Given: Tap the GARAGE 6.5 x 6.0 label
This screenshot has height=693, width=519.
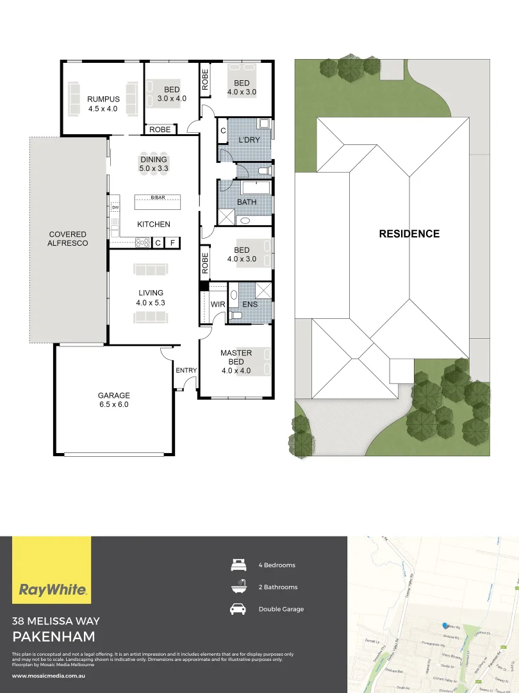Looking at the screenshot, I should pyautogui.click(x=113, y=400).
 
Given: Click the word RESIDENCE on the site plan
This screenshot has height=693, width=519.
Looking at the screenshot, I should pyautogui.click(x=409, y=234).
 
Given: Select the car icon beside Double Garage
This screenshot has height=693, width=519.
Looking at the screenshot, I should pyautogui.click(x=238, y=609).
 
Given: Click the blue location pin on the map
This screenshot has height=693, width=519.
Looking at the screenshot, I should pyautogui.click(x=444, y=625).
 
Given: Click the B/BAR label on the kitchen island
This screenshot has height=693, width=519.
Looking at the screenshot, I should pyautogui.click(x=158, y=198).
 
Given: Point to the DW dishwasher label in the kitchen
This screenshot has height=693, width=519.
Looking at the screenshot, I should pyautogui.click(x=115, y=208).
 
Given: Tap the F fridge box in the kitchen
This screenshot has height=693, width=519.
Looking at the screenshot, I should pyautogui.click(x=172, y=243).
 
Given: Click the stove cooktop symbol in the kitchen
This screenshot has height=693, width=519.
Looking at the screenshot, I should pyautogui.click(x=142, y=243).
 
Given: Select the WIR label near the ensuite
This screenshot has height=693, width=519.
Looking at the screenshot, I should pyautogui.click(x=218, y=304).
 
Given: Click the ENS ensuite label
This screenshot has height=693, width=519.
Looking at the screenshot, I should pyautogui.click(x=250, y=304).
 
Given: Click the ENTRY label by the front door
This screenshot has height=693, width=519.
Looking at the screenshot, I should pyautogui.click(x=186, y=370).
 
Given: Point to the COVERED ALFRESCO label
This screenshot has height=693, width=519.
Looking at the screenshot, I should pyautogui.click(x=68, y=239).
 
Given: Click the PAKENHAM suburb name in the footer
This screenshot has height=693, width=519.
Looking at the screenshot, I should pyautogui.click(x=54, y=637).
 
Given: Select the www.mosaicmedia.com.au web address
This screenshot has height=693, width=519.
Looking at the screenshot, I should pyautogui.click(x=49, y=676).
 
